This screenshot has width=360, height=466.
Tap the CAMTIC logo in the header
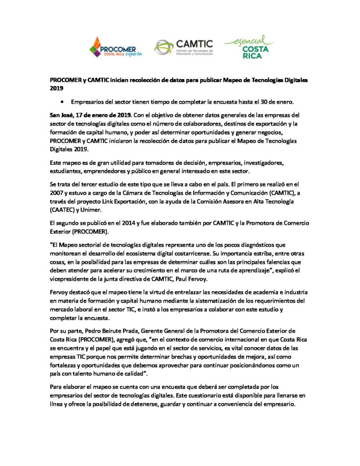pos(183,47)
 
